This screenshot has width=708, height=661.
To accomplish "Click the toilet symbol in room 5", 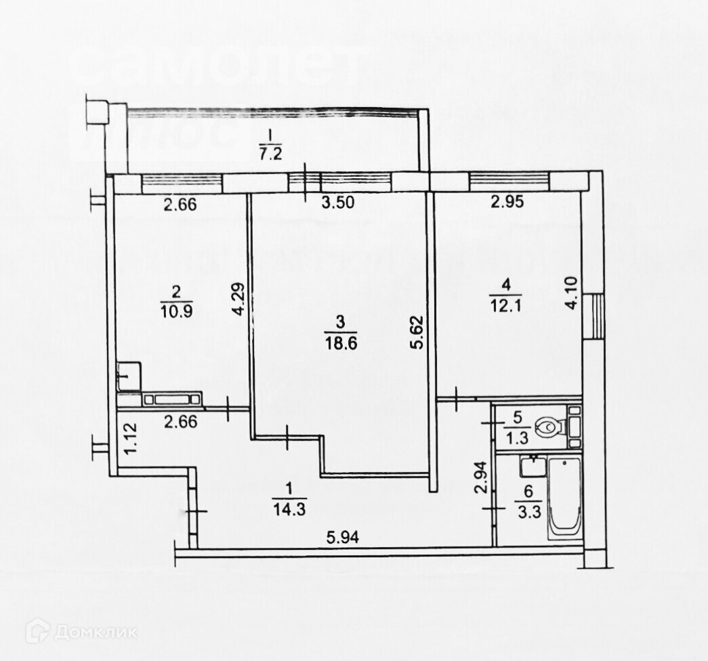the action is (547, 427).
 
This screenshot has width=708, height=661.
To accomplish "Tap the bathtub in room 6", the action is (564, 496).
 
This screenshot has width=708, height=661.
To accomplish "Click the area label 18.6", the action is (340, 343).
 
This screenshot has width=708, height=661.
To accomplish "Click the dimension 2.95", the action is (507, 200).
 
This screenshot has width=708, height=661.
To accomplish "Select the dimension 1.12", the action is (131, 438).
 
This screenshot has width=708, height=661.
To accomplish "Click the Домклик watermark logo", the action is (81, 631).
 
